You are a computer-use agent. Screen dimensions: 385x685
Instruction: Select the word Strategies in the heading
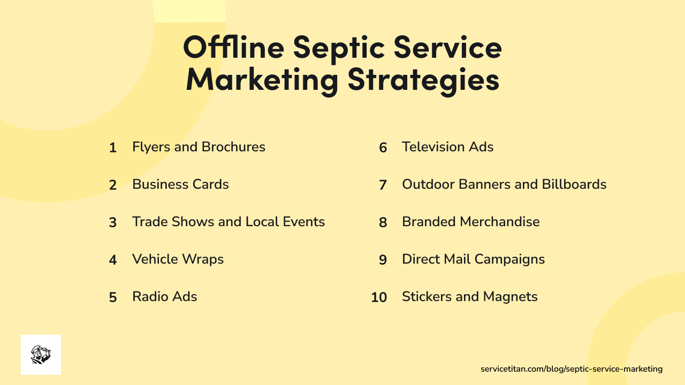423,80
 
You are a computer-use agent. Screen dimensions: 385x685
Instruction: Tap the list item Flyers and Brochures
199,147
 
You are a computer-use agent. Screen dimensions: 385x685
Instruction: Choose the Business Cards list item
180,184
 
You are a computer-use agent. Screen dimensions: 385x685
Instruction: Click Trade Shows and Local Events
229,222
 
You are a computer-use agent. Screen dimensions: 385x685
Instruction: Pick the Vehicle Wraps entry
178,259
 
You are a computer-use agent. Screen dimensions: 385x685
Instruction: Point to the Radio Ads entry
164,297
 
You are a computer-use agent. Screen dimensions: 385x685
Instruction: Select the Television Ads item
447,147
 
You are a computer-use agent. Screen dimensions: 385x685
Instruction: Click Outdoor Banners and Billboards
504,184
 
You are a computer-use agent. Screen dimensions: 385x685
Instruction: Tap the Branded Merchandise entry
470,222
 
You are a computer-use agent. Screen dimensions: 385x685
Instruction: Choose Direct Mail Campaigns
473,259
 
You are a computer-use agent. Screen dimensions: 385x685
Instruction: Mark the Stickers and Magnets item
469,297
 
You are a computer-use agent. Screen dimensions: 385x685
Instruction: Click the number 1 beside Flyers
112,148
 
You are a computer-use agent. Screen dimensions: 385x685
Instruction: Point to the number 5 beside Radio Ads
112,298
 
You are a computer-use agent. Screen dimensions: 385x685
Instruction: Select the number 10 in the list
379,298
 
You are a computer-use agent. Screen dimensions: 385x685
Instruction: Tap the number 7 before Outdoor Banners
383,186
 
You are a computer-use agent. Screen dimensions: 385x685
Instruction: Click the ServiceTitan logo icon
41,355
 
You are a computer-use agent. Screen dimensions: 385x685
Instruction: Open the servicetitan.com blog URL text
572,369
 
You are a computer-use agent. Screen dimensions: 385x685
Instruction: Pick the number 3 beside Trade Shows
112,223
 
